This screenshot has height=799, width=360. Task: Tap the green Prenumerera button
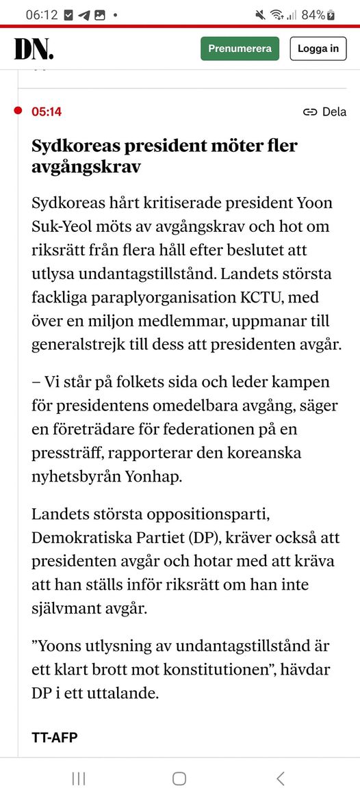pyautogui.click(x=240, y=49)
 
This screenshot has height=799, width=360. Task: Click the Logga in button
pyautogui.click(x=318, y=49)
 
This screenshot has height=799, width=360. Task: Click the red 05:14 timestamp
pyautogui.click(x=47, y=112)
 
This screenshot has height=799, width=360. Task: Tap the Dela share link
pyautogui.click(x=325, y=112)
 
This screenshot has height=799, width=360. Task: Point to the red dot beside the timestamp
pyautogui.click(x=18, y=111)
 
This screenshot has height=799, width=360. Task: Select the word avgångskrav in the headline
pyautogui.click(x=86, y=166)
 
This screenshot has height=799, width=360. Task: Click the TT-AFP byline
pyautogui.click(x=55, y=737)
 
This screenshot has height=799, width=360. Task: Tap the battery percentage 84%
pyautogui.click(x=313, y=14)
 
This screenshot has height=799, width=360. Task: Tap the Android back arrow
pyautogui.click(x=280, y=778)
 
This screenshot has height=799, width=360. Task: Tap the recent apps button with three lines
pyautogui.click(x=79, y=778)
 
